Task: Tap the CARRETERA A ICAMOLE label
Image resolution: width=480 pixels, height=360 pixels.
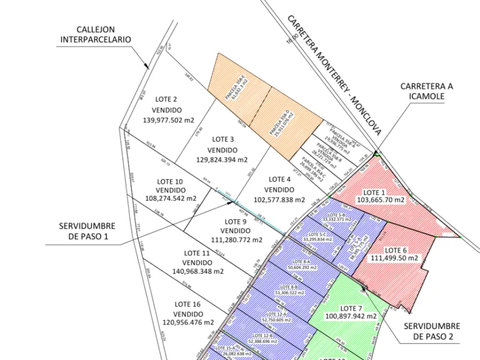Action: [426, 91]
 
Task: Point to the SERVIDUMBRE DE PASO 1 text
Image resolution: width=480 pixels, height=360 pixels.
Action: [87, 231]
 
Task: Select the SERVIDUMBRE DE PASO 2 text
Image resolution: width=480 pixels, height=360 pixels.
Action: [432, 331]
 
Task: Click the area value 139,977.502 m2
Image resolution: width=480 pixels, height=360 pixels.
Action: [169, 120]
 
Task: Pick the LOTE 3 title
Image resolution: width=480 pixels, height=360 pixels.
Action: [223, 139]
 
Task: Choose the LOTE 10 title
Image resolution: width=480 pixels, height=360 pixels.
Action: [170, 182]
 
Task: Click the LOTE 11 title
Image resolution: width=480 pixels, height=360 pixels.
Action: [197, 253]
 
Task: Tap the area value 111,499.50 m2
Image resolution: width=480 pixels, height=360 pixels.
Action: [394, 258]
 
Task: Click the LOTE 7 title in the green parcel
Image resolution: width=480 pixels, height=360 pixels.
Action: [351, 308]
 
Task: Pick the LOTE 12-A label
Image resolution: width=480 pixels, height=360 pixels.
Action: [278, 314]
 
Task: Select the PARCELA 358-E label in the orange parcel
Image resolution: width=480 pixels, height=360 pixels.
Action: [234, 84]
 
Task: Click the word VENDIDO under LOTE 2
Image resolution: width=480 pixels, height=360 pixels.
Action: [167, 110]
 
